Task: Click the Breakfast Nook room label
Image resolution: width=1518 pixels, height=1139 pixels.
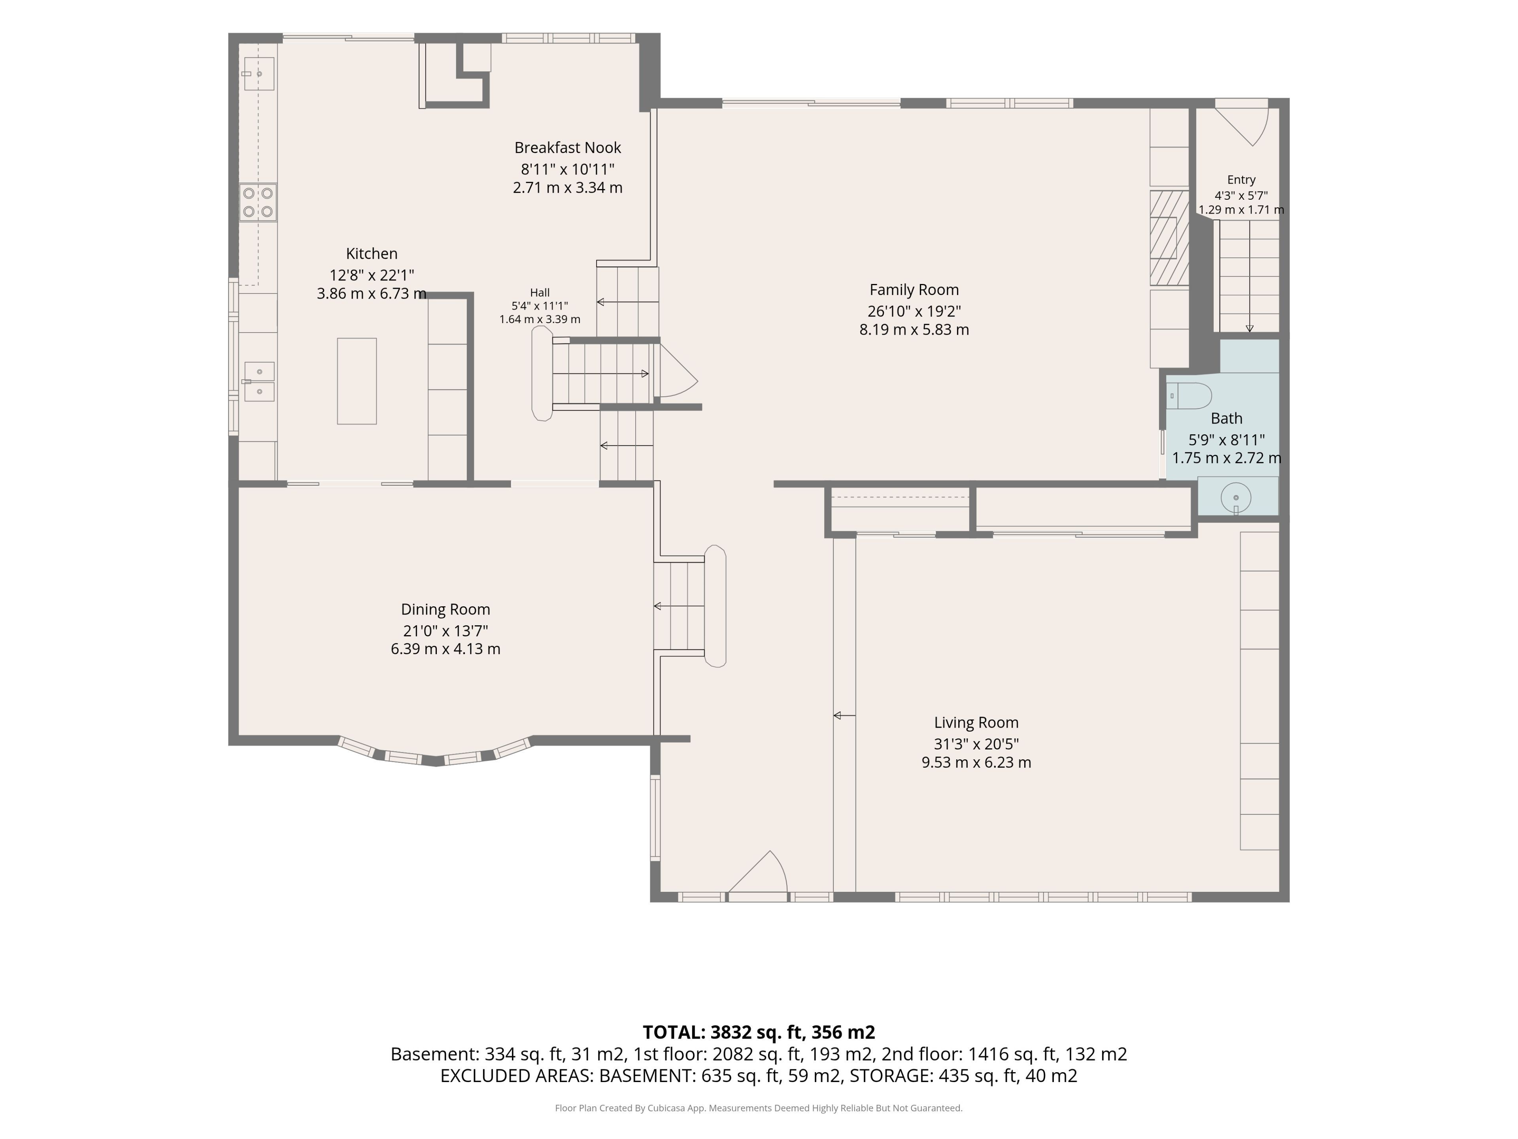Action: [568, 148]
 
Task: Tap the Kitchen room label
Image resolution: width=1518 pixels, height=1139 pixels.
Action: [371, 254]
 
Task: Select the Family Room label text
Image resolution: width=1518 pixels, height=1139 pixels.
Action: [914, 290]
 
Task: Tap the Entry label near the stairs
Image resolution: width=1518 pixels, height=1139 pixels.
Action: [1241, 180]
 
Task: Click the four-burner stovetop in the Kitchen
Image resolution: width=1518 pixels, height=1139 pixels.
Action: [258, 202]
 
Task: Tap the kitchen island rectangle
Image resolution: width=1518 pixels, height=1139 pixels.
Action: [357, 381]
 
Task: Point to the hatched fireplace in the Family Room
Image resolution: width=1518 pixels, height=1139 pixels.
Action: [1169, 238]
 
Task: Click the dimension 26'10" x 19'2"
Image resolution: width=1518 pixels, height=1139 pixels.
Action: [914, 311]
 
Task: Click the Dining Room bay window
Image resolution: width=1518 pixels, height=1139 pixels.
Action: [435, 753]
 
